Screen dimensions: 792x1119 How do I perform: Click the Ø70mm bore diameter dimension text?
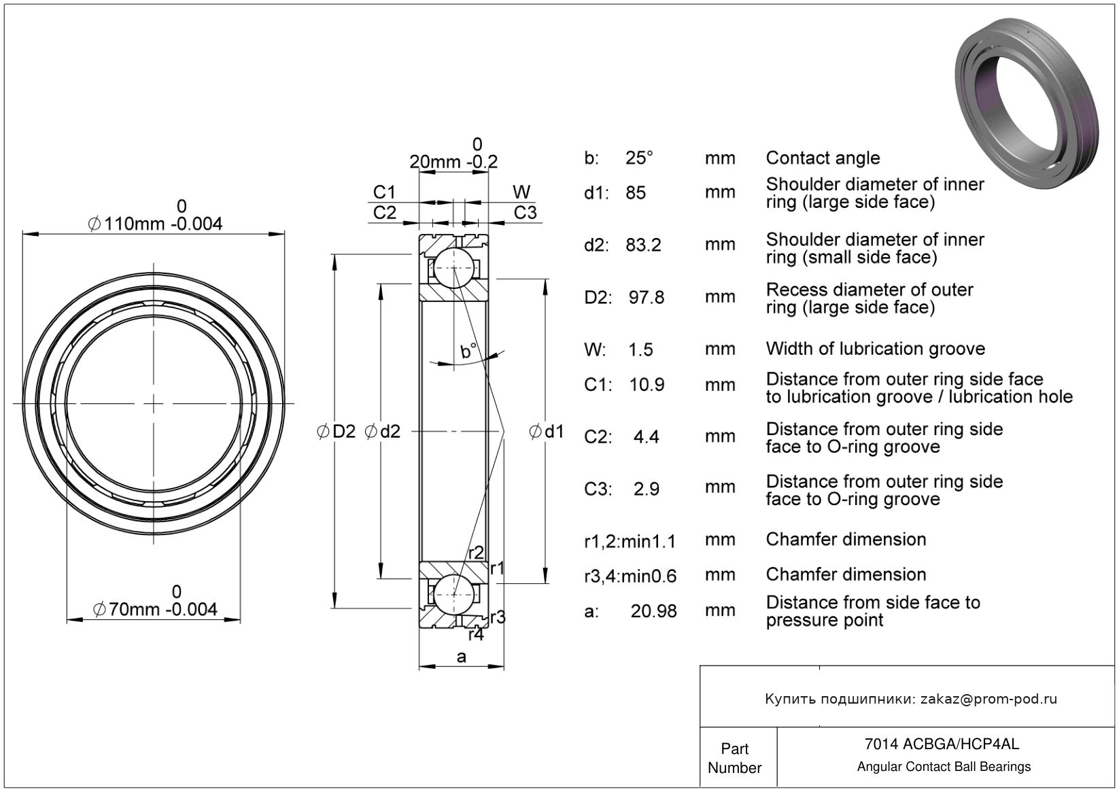pyautogui.click(x=155, y=609)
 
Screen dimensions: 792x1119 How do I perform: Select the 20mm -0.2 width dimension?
pyautogui.click(x=453, y=162)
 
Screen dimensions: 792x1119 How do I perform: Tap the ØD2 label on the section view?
pyautogui.click(x=337, y=431)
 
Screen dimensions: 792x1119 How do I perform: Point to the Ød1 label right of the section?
pyautogui.click(x=547, y=431)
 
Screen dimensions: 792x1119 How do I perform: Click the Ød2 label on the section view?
pyautogui.click(x=383, y=431)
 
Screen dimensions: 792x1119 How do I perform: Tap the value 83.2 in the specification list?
pyautogui.click(x=643, y=245)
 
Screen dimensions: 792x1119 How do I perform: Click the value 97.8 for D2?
pyautogui.click(x=646, y=297)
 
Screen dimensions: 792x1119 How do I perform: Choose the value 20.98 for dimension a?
pyautogui.click(x=653, y=611)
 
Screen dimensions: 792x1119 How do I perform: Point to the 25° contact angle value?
pyautogui.click(x=639, y=158)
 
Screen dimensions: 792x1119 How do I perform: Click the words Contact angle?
pyautogui.click(x=823, y=158)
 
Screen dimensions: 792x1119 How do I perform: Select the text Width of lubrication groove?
pyautogui.click(x=875, y=349)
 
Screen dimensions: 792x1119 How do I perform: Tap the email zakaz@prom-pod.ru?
pyautogui.click(x=988, y=699)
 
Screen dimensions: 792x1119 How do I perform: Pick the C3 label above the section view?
pyautogui.click(x=525, y=213)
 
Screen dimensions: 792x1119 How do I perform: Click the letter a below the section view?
pyautogui.click(x=462, y=657)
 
